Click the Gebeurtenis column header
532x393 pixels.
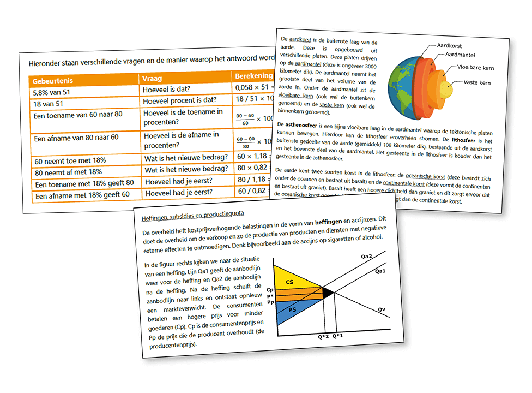point(53,81)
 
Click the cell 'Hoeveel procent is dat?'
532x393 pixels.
point(179,100)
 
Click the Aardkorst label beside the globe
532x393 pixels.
point(454,47)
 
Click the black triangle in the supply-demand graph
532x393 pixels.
point(328,293)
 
